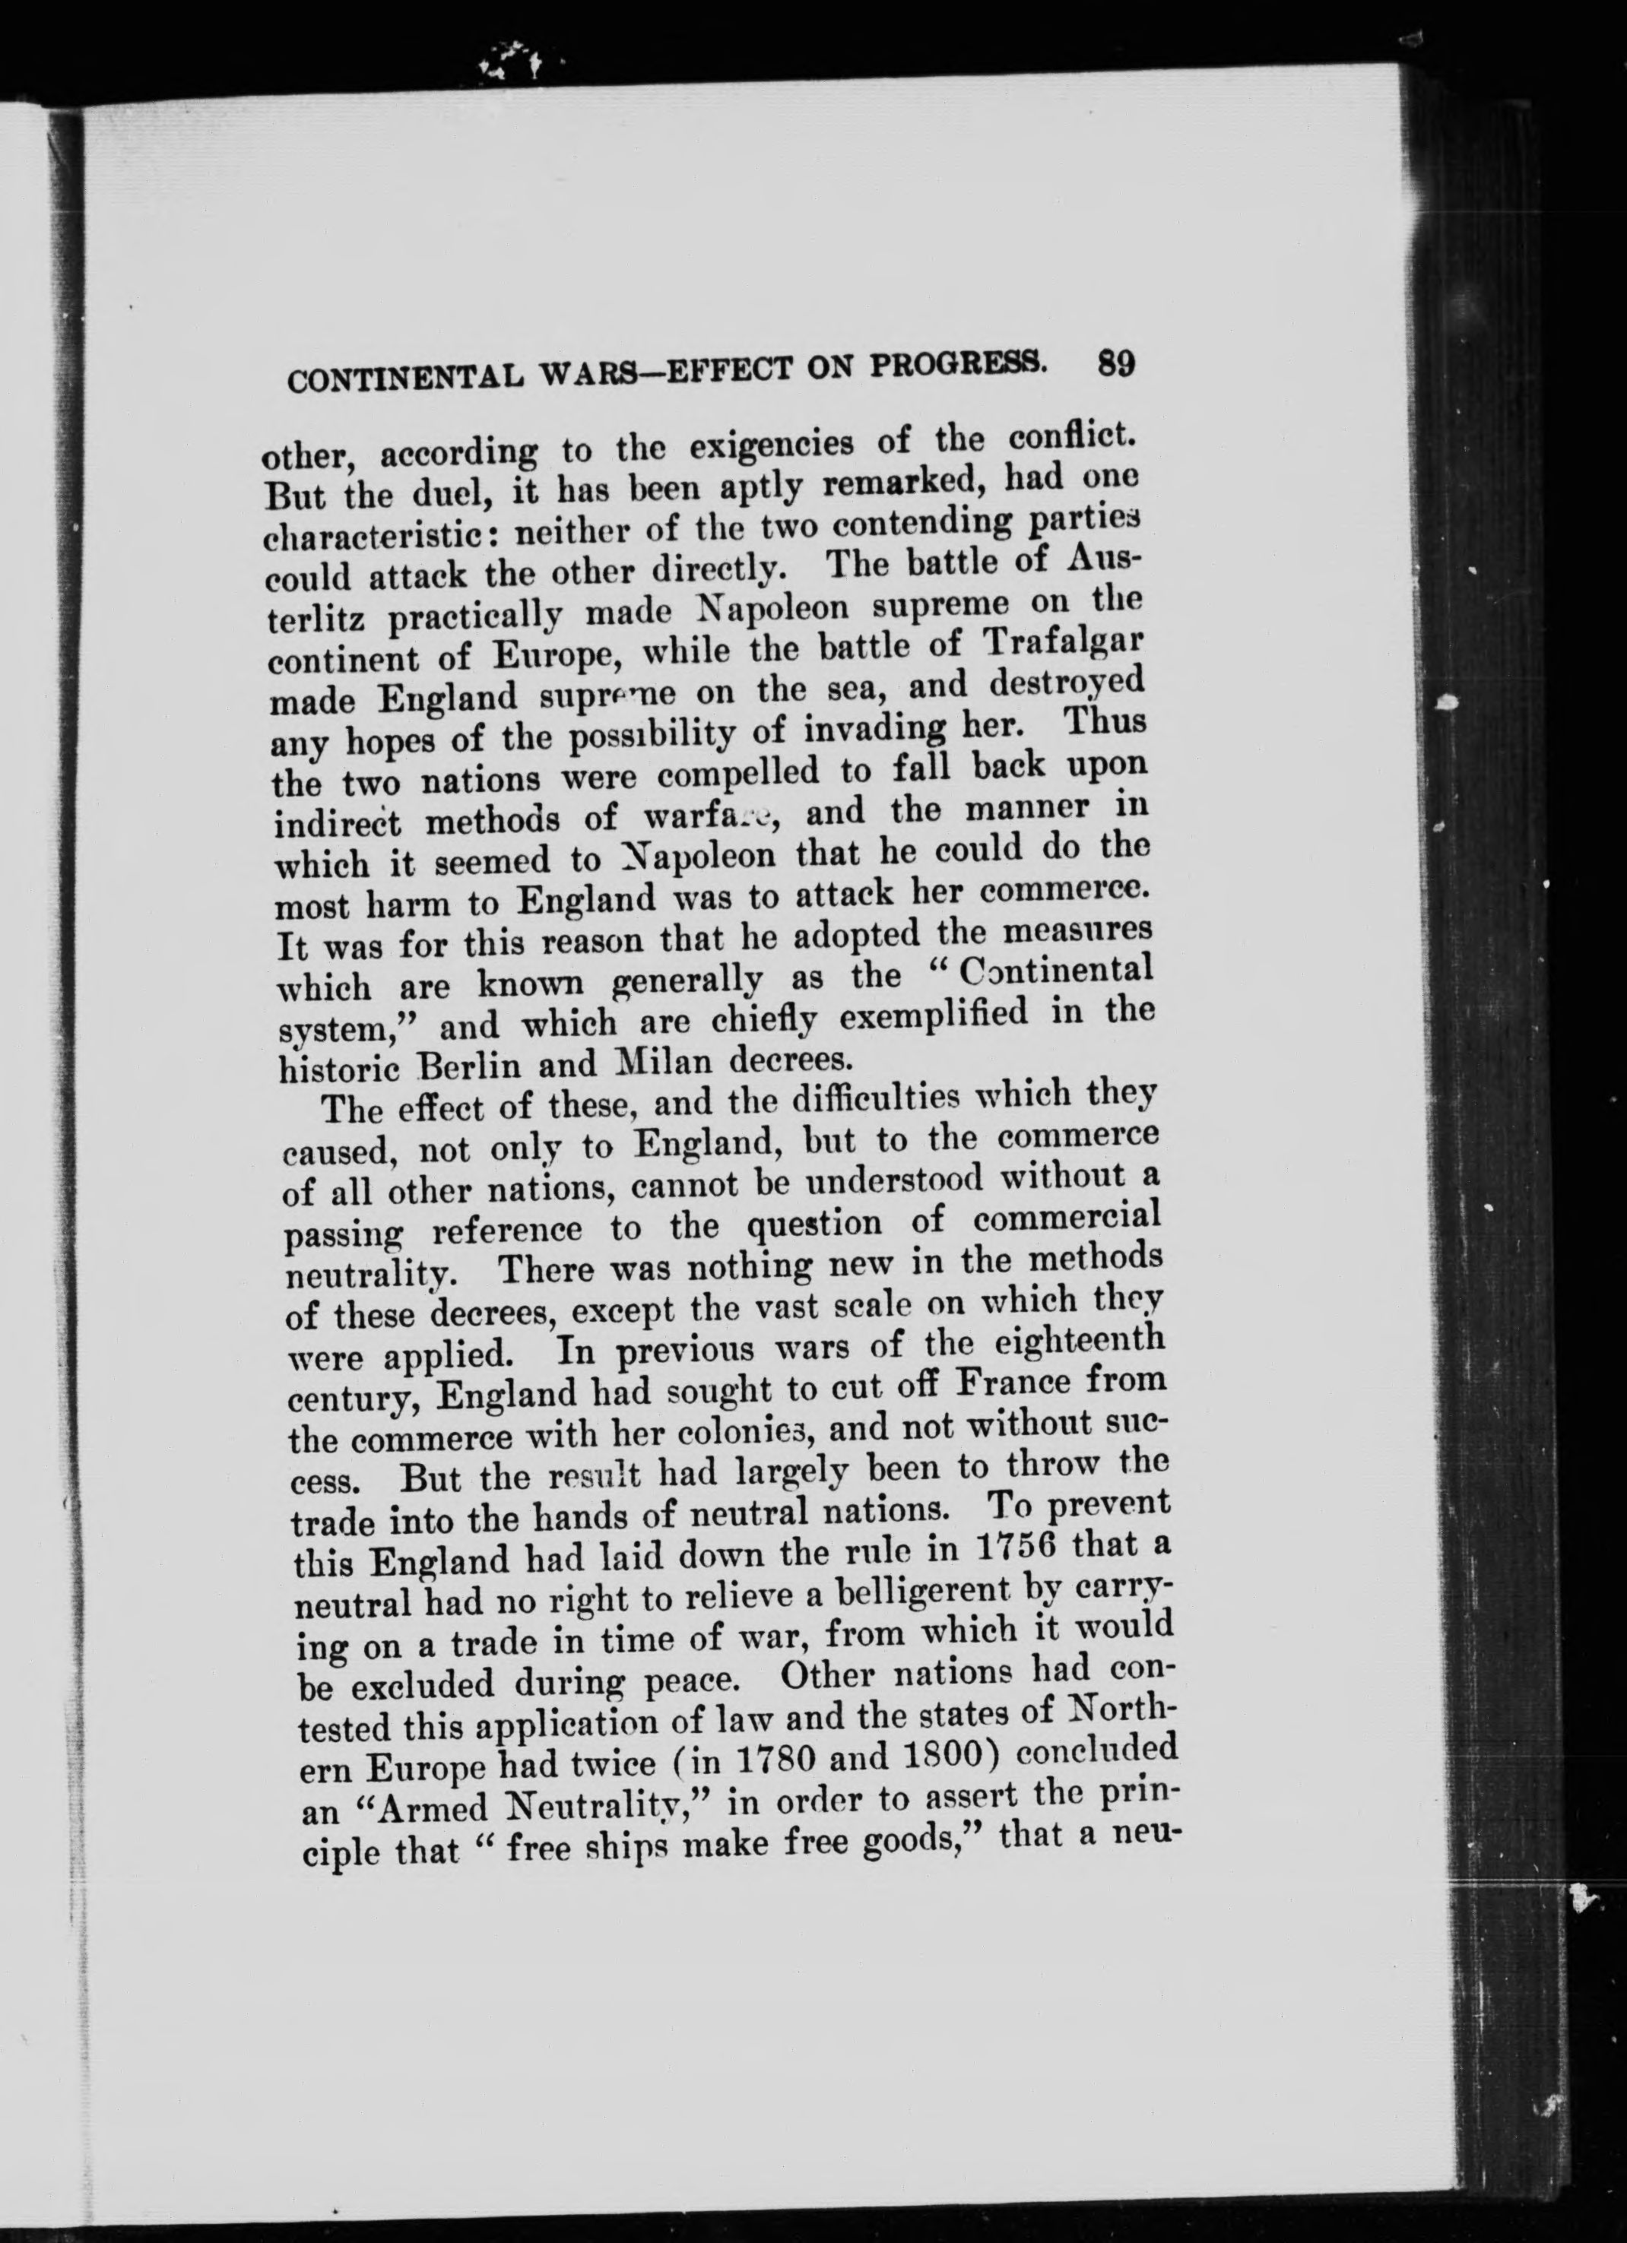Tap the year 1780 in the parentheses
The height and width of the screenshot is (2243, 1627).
[775, 1763]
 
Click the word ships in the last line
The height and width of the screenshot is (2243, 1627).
[635, 1849]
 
